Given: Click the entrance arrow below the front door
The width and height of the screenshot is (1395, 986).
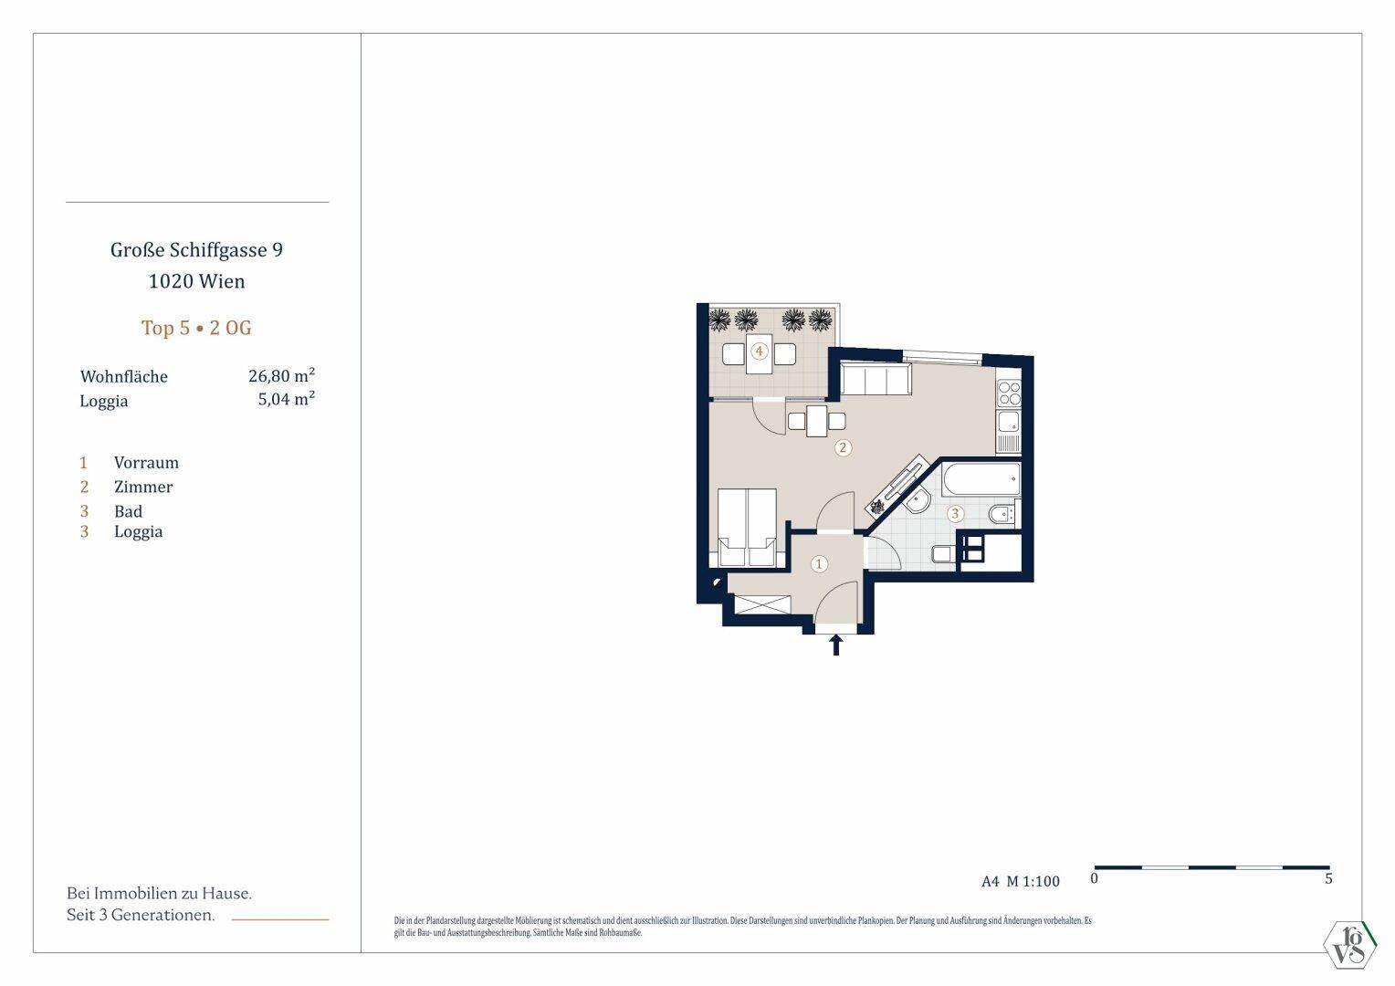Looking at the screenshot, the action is click(835, 645).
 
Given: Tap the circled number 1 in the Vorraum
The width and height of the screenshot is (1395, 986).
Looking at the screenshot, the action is click(819, 564).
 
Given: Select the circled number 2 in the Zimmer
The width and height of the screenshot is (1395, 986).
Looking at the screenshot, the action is click(844, 447).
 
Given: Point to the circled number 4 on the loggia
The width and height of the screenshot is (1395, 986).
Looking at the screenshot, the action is click(759, 351).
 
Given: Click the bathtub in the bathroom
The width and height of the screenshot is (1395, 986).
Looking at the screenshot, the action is click(981, 479).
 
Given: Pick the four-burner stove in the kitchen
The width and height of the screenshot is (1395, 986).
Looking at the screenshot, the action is click(1009, 393).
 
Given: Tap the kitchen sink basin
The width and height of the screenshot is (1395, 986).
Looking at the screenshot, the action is click(1009, 423).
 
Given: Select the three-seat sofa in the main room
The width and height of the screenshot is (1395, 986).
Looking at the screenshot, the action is click(876, 379).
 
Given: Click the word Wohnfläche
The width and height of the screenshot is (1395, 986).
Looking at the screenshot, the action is click(124, 377).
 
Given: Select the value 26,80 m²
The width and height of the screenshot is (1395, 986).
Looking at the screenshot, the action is click(281, 375).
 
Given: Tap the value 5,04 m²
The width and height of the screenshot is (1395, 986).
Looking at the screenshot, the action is click(287, 399).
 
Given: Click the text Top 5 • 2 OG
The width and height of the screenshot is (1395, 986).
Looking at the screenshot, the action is click(196, 328).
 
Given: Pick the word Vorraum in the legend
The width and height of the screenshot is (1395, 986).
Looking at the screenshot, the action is click(146, 462).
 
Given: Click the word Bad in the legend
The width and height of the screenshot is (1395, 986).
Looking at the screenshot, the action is click(129, 511).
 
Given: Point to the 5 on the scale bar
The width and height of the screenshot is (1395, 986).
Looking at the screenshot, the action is click(1328, 879).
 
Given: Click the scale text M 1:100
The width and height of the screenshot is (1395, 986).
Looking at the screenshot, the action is click(1033, 881).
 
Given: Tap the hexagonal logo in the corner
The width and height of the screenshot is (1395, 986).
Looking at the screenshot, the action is click(1350, 944).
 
